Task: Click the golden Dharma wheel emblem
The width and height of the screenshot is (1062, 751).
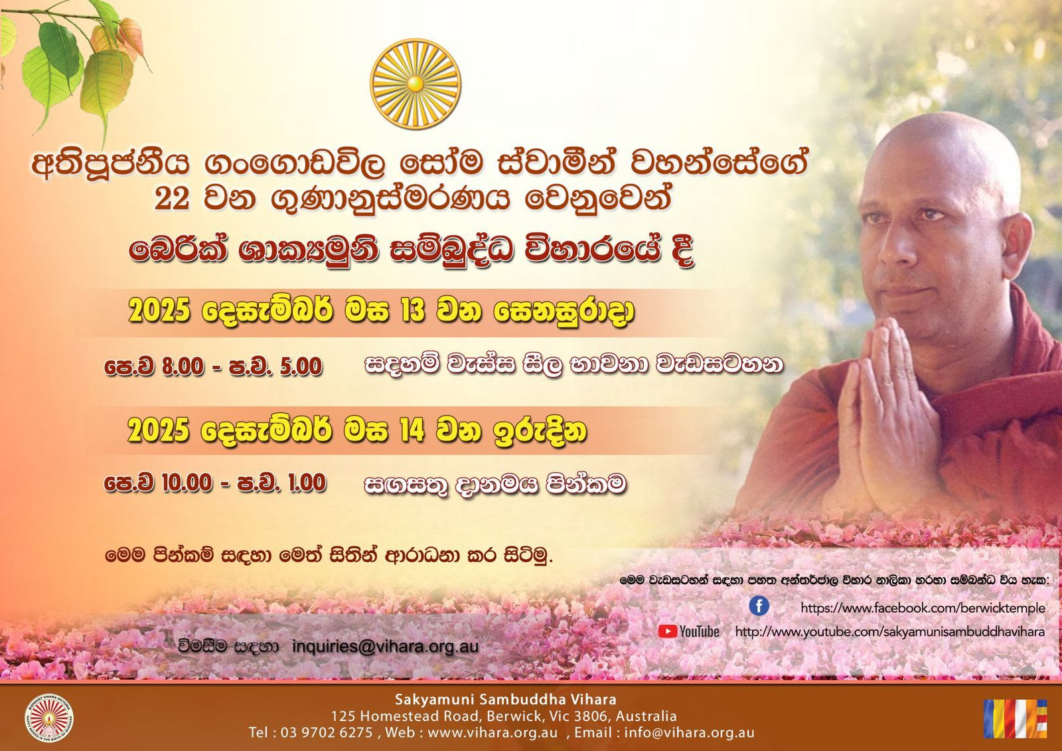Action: coord(416,84)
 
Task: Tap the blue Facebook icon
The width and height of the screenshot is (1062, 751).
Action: coord(759,606)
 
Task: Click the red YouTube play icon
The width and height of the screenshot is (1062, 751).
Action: coord(668,631)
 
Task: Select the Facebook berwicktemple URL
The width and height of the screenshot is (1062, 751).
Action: coord(923,608)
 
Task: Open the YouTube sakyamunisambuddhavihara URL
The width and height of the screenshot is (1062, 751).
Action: coord(890,632)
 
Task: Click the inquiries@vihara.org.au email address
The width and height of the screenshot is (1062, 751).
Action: coord(386,646)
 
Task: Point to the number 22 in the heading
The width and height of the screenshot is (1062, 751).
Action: coord(172,199)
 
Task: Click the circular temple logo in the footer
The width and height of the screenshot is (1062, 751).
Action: coord(49,718)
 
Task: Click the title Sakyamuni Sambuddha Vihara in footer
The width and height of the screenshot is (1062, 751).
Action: coord(506,699)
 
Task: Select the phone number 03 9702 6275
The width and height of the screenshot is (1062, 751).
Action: coord(327,732)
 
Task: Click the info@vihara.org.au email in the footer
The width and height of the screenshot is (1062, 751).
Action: coord(689,732)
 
